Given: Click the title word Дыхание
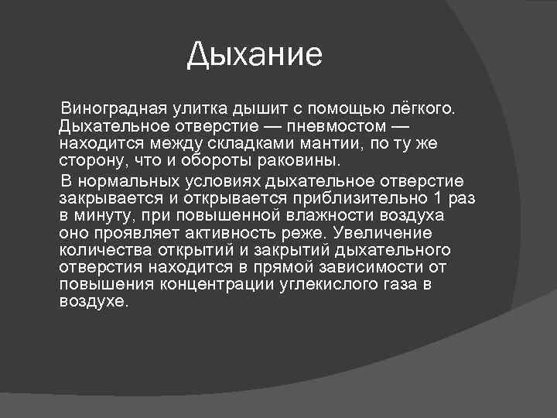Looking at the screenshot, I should (x=255, y=55).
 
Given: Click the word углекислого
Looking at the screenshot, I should (x=335, y=285).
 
